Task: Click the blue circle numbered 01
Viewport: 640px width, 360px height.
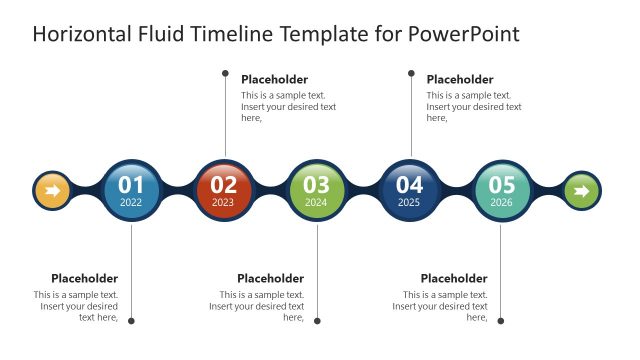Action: pos(131,190)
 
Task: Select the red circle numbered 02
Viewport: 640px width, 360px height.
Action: pos(224,190)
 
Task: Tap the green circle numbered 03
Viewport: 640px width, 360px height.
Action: pos(316,190)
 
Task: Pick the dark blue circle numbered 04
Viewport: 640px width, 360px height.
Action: pos(409,190)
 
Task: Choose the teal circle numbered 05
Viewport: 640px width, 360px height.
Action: pos(502,190)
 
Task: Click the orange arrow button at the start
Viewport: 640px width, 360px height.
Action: pos(53,190)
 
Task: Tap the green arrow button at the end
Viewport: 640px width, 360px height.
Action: pos(581,190)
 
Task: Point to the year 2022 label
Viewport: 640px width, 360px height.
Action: pos(131,202)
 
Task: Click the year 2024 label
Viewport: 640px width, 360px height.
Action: pos(316,202)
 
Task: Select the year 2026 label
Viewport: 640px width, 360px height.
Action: pos(502,202)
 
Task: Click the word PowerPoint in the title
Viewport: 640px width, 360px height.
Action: pos(464,35)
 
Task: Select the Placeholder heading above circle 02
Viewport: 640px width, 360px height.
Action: pos(274,79)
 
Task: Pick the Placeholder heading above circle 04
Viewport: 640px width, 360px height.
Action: pos(460,79)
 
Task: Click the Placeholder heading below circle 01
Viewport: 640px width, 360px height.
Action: pos(85,278)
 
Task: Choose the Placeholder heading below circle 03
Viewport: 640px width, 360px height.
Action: pos(270,278)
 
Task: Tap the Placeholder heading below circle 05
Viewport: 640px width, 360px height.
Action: pos(454,278)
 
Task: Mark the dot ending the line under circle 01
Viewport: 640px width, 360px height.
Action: pos(131,321)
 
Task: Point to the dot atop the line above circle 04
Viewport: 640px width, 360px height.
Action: pos(410,72)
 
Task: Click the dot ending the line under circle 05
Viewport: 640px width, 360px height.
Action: pos(501,321)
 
